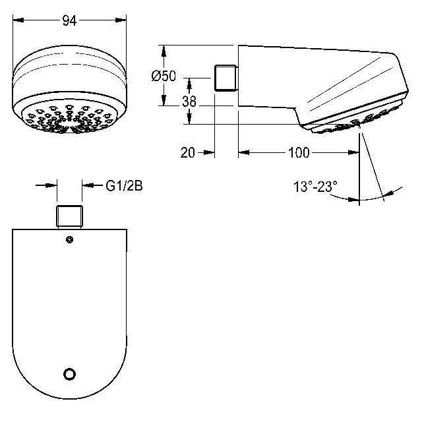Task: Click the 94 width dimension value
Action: point(69,20)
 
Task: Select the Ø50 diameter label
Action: point(164,76)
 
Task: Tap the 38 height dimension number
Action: point(189,102)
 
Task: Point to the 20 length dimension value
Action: point(187,153)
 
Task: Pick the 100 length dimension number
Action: point(299,153)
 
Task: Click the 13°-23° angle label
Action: point(315,187)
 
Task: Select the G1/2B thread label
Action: point(124,186)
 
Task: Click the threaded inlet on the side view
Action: point(226,78)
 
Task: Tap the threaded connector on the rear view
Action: point(69,217)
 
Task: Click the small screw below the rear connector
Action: point(69,239)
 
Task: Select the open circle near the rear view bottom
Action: point(69,374)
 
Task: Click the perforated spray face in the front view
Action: point(69,118)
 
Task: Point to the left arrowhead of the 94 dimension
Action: point(18,20)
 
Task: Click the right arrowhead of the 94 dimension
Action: point(121,20)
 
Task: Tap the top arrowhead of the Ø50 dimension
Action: point(164,51)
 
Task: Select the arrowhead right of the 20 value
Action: point(209,153)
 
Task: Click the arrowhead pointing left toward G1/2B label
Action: point(88,185)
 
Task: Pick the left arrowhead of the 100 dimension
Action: point(244,152)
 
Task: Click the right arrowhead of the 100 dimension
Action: point(353,152)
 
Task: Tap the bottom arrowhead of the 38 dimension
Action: point(189,119)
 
